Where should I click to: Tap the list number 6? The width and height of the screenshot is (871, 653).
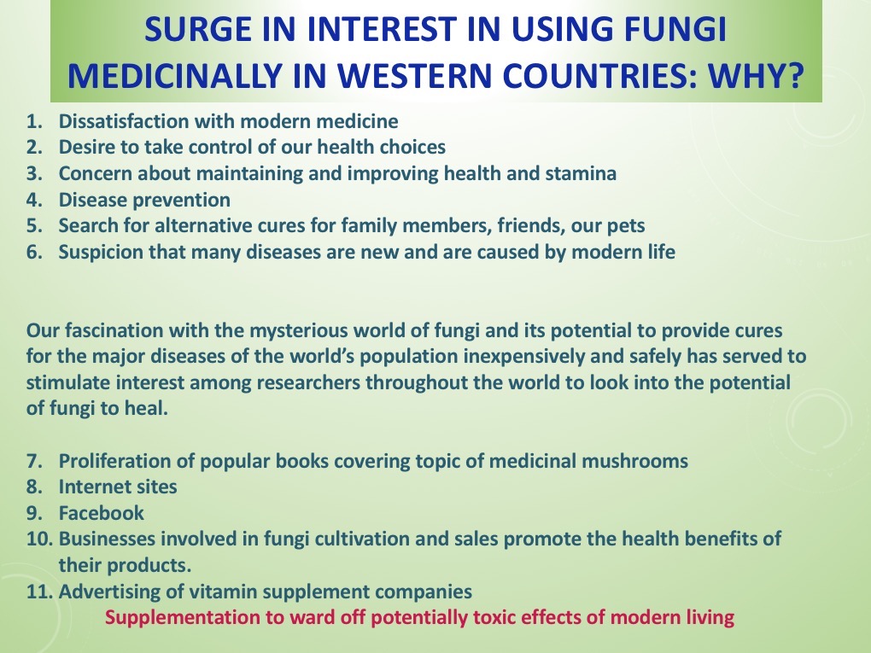[34, 252]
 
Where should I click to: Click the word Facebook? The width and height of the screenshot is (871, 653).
[101, 513]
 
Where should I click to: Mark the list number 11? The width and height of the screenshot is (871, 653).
[40, 592]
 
